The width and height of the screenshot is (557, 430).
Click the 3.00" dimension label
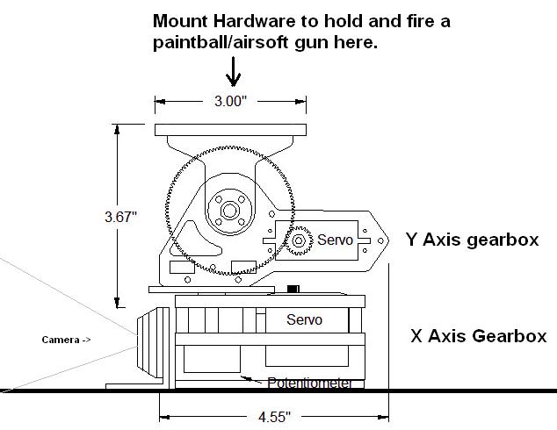(231, 102)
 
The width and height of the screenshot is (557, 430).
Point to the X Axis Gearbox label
(478, 335)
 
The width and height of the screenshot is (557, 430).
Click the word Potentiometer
(313, 383)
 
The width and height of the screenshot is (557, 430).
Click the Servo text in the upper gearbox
(335, 240)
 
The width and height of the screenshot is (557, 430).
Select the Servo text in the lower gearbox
(304, 320)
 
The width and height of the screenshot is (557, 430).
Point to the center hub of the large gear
(230, 210)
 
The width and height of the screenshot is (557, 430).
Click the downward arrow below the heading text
(234, 71)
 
